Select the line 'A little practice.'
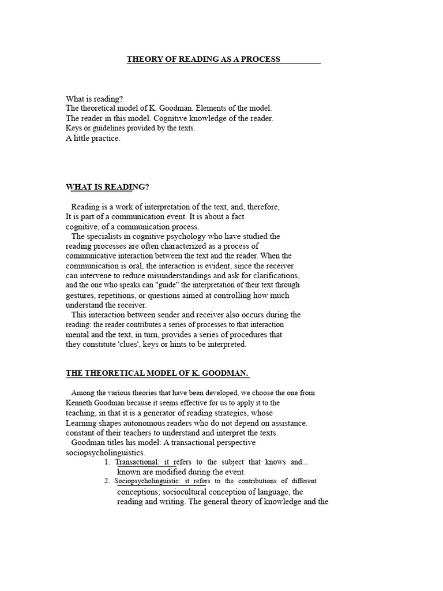coord(93,139)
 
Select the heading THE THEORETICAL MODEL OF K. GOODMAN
coord(157,373)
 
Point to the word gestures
coord(81,295)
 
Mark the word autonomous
coord(152,422)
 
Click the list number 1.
coord(107,462)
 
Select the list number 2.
coord(107,481)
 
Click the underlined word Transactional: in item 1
coord(138,462)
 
